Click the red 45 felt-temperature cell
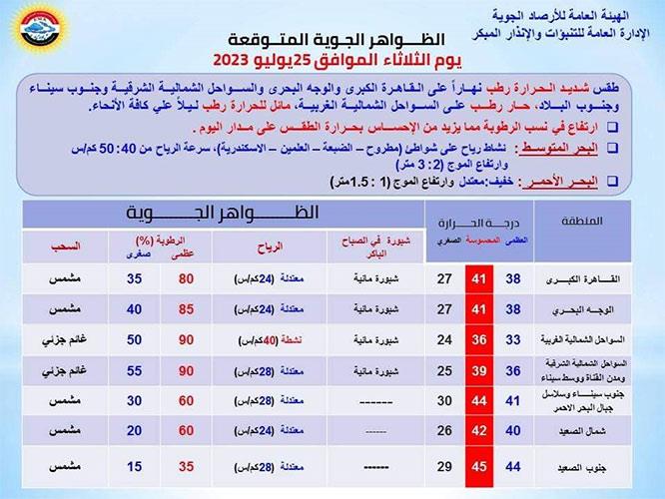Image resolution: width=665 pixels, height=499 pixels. pos(481,465)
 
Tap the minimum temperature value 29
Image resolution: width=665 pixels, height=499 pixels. pos(443,465)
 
